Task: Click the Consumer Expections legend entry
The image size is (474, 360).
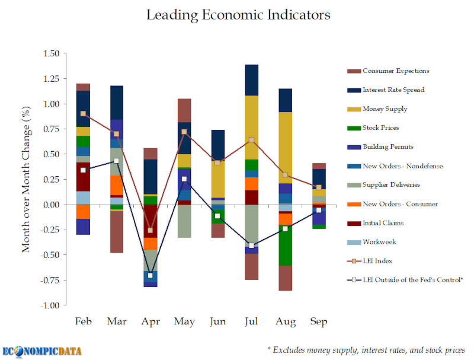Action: click(x=396, y=71)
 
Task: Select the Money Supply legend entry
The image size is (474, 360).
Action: click(x=385, y=109)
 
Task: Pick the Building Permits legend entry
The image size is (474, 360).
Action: click(x=387, y=146)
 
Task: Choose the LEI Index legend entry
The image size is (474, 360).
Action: click(x=378, y=261)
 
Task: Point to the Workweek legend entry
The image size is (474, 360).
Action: click(x=379, y=242)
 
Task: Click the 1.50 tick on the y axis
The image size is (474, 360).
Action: click(x=51, y=53)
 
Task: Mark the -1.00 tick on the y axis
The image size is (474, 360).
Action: click(x=50, y=305)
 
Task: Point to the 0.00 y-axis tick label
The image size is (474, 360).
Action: click(x=51, y=205)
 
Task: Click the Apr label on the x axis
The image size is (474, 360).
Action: click(x=150, y=321)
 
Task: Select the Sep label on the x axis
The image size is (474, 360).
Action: click(x=319, y=321)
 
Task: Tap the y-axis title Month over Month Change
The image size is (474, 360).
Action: click(x=27, y=180)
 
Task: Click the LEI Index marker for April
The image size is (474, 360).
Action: click(x=150, y=230)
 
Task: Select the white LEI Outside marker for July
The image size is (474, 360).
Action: click(x=251, y=246)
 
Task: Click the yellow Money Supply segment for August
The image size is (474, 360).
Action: click(x=285, y=147)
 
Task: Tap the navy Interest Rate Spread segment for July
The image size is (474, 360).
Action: click(x=251, y=80)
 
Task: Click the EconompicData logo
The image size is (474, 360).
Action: click(x=42, y=351)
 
